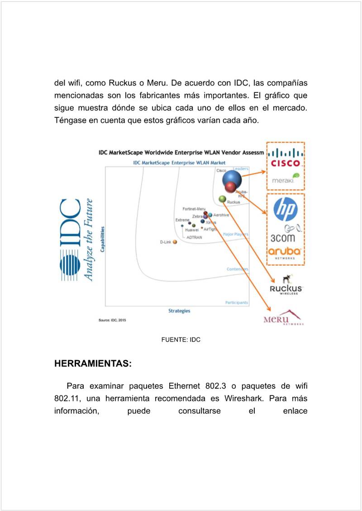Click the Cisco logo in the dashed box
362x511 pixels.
click(x=285, y=158)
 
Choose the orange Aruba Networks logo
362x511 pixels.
click(x=285, y=253)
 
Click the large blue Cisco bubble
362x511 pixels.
click(x=232, y=178)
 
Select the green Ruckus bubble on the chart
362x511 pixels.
click(x=222, y=199)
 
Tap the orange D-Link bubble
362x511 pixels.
click(x=175, y=242)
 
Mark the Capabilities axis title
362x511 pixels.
click(x=103, y=239)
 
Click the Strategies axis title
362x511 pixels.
click(x=179, y=311)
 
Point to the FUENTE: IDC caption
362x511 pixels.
click(x=181, y=340)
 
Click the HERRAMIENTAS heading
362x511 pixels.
click(x=93, y=364)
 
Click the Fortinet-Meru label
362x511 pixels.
click(x=194, y=209)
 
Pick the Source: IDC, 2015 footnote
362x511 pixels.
click(x=112, y=320)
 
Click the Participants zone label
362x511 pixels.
click(x=236, y=302)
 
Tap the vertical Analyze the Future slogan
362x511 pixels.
click(x=89, y=240)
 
